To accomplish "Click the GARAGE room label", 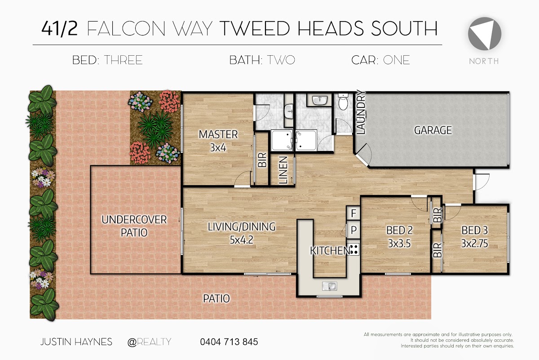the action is (x=433, y=130).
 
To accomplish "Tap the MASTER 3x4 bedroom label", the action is (x=218, y=141).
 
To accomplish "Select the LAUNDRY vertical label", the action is (x=361, y=112).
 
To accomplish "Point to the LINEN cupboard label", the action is (x=283, y=170).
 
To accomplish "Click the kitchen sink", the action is (x=329, y=286).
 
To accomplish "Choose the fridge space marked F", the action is (x=353, y=213).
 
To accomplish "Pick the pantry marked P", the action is (x=353, y=230).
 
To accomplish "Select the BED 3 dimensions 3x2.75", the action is (x=474, y=244).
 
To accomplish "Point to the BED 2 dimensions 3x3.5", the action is (x=399, y=244).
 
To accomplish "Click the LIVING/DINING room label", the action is (x=242, y=227).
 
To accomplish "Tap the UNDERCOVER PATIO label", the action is (x=134, y=226).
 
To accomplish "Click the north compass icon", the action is (x=484, y=34).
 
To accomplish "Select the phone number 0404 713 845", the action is (x=229, y=342).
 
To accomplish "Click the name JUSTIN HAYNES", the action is (x=76, y=342).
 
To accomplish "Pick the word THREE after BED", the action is (x=123, y=60).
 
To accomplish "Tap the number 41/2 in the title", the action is (x=59, y=29).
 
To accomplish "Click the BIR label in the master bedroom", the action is (x=262, y=160).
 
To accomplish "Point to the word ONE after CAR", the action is (x=396, y=60).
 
